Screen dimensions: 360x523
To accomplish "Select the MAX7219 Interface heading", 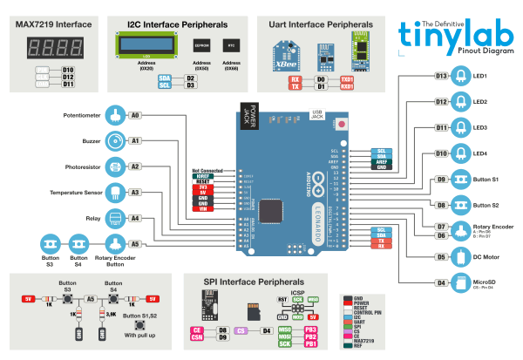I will pos(55,21).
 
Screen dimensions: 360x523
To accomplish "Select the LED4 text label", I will pos(481,153).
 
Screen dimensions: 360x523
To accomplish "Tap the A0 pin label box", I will pos(135,115).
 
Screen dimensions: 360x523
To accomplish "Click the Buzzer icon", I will pos(115,140).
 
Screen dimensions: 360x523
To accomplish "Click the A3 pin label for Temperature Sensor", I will pos(135,192).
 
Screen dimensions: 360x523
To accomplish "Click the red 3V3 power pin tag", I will pos(201,186).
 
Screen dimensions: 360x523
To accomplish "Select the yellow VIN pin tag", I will pos(201,209).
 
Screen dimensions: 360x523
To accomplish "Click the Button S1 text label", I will pos(486,180).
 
